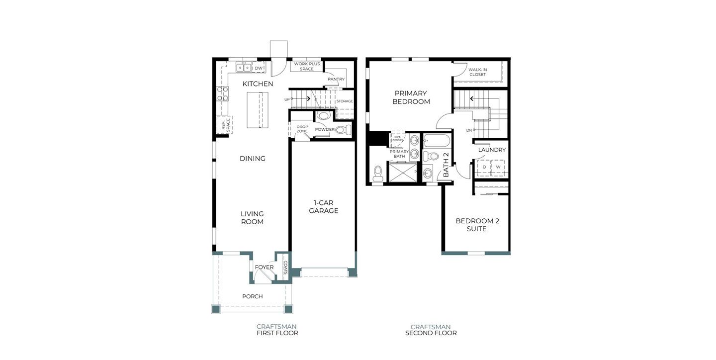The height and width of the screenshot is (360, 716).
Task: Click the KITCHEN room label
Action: [258, 84]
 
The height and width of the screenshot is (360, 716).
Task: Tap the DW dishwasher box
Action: [258, 68]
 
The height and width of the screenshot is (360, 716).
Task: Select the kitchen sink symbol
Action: [244, 68]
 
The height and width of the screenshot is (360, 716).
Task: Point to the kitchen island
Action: [258, 110]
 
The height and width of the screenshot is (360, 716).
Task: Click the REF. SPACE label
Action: [225, 125]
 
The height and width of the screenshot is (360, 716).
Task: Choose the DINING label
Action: [253, 159]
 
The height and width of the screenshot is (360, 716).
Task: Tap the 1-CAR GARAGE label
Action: [324, 206]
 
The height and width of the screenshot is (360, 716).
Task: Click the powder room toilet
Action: [343, 130]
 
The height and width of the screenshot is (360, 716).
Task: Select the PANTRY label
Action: [336, 79]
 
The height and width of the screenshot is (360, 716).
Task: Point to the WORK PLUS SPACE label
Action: [307, 66]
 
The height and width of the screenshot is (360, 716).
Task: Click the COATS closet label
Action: [285, 268]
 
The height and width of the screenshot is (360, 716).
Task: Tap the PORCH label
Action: [253, 296]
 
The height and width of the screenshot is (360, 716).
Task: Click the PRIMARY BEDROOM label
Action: [411, 97]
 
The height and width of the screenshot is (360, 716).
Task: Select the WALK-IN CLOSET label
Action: [477, 72]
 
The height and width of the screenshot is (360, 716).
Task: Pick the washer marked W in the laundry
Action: [498, 167]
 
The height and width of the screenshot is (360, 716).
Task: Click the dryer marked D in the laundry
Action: [484, 167]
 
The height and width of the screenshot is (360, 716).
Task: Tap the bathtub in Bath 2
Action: [437, 141]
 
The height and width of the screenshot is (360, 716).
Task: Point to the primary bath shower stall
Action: [402, 172]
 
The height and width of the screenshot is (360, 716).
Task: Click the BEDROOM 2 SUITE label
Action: [477, 225]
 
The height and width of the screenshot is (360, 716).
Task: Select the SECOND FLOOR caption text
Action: [431, 333]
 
